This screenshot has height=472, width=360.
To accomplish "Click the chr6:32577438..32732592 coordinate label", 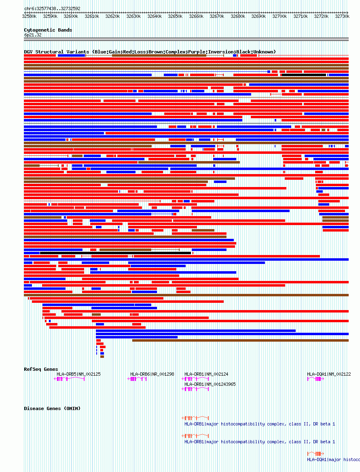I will [52, 9].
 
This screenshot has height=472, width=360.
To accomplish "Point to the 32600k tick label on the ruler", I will [71, 16].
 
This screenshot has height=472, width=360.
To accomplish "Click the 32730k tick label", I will [342, 16].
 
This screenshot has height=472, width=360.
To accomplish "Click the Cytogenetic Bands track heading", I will [48, 30].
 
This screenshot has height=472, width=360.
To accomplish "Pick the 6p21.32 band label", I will [33, 35].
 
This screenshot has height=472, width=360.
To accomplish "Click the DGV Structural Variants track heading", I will [57, 52].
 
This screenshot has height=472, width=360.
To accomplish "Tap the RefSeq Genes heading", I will [41, 369].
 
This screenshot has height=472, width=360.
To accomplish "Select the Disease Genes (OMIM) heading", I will [52, 408].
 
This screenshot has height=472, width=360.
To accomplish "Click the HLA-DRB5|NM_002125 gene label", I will [78, 374].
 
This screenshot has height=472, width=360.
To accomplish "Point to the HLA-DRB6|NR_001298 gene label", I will [152, 374].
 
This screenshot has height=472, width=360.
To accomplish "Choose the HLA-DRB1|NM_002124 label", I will [206, 374].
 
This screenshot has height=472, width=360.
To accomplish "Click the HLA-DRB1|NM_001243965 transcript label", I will [210, 384].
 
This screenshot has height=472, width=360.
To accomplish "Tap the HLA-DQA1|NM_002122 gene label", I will [329, 374].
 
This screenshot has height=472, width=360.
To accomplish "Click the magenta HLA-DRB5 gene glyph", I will [70, 379].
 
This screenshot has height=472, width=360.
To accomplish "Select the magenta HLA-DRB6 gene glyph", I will [137, 379].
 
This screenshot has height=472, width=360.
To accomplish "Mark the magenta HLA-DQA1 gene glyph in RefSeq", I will [316, 379].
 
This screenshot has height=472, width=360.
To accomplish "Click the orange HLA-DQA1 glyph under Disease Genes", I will [316, 453].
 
